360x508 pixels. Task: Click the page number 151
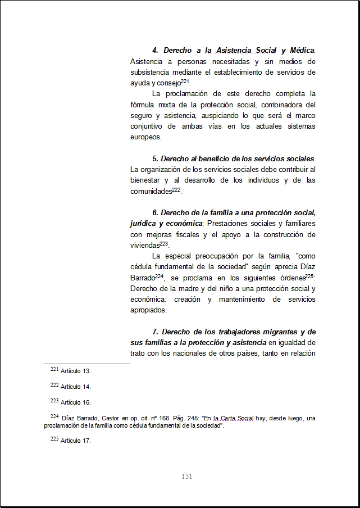coord(187,477)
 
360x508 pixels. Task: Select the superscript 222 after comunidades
coord(176,190)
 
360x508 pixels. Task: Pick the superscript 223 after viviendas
coord(164,243)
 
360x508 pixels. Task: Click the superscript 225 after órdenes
coord(309,276)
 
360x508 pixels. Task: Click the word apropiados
coord(149,310)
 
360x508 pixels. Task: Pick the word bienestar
coord(146,180)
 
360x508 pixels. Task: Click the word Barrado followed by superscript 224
coord(142,278)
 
